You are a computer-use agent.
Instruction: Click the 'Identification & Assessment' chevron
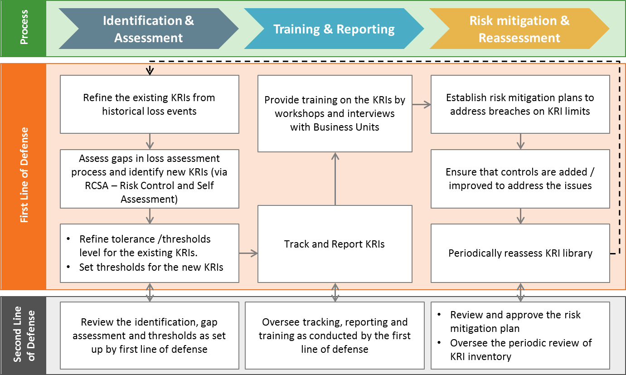(x=149, y=29)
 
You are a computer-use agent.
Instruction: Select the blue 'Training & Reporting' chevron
(x=334, y=29)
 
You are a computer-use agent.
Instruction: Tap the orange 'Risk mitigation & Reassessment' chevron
(x=519, y=29)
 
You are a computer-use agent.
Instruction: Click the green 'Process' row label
(x=24, y=28)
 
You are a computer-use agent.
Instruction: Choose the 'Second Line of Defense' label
(x=24, y=335)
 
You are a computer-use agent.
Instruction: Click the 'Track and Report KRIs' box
(x=335, y=244)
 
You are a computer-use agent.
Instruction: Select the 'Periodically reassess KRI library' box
(x=520, y=253)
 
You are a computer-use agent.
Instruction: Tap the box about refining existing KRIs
(x=149, y=104)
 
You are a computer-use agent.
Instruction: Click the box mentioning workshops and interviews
(x=335, y=113)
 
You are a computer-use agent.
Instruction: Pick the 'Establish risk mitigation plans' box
(x=520, y=104)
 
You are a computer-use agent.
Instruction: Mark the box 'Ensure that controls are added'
(x=520, y=179)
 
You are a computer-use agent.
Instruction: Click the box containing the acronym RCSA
(x=149, y=179)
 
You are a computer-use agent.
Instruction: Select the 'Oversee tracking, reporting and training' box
(x=335, y=336)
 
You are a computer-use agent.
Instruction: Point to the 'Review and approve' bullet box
(x=520, y=336)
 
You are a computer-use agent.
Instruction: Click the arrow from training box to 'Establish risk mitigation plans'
(x=422, y=105)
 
